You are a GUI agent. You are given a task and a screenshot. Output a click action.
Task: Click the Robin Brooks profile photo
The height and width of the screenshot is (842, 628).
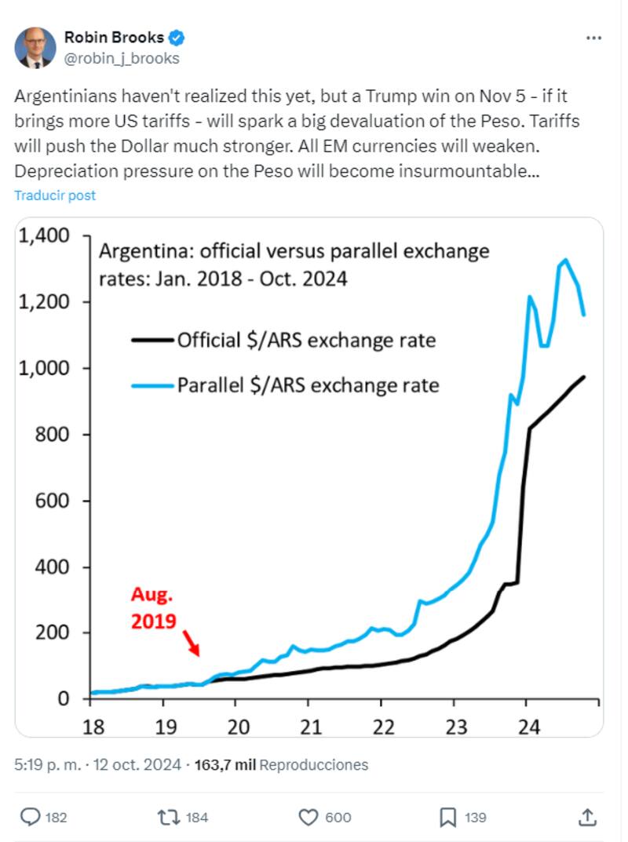pos(35,48)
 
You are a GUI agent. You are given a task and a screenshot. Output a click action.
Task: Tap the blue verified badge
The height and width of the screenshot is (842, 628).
pos(178,38)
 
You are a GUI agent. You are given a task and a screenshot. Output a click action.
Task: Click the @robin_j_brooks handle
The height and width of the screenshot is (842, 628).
pos(122,58)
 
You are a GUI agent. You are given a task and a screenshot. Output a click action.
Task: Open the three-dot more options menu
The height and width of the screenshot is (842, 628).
pos(594,38)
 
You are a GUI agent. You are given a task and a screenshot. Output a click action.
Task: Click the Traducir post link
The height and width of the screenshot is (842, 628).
pos(55,195)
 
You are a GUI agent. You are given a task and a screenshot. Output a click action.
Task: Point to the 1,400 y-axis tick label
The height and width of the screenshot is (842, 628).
pos(49,235)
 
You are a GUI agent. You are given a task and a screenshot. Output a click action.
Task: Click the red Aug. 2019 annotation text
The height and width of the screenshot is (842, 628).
pos(154,608)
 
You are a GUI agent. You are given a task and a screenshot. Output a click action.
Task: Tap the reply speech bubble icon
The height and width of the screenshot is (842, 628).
pos(29,817)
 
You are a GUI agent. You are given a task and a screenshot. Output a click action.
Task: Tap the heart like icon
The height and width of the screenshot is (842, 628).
pos(308,817)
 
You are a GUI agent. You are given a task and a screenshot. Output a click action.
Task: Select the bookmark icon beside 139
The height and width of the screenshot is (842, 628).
pos(448,817)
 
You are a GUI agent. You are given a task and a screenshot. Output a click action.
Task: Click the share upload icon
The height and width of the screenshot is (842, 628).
pos(587,817)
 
